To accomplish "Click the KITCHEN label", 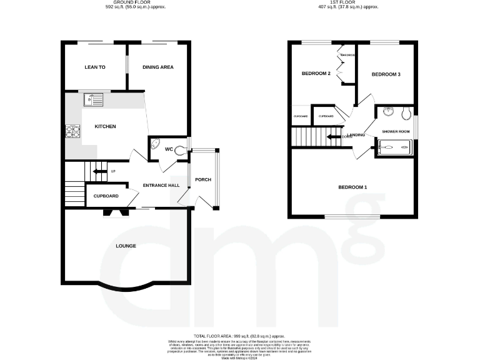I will pyautogui.click(x=105, y=127).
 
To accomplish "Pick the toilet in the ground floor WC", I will pyautogui.click(x=179, y=149).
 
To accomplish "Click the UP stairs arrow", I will pyautogui.click(x=99, y=171).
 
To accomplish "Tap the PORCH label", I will pyautogui.click(x=203, y=181).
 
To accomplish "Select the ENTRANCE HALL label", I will pyautogui.click(x=161, y=186).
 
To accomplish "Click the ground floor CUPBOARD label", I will pyautogui.click(x=106, y=196).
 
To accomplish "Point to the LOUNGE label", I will pyautogui.click(x=126, y=246).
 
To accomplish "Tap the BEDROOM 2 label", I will pyautogui.click(x=316, y=74).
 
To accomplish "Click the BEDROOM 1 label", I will pyautogui.click(x=352, y=187).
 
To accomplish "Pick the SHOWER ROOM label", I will pyautogui.click(x=396, y=131).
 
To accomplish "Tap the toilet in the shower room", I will pyautogui.click(x=406, y=113).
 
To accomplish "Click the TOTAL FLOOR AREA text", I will pyautogui.click(x=240, y=336).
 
